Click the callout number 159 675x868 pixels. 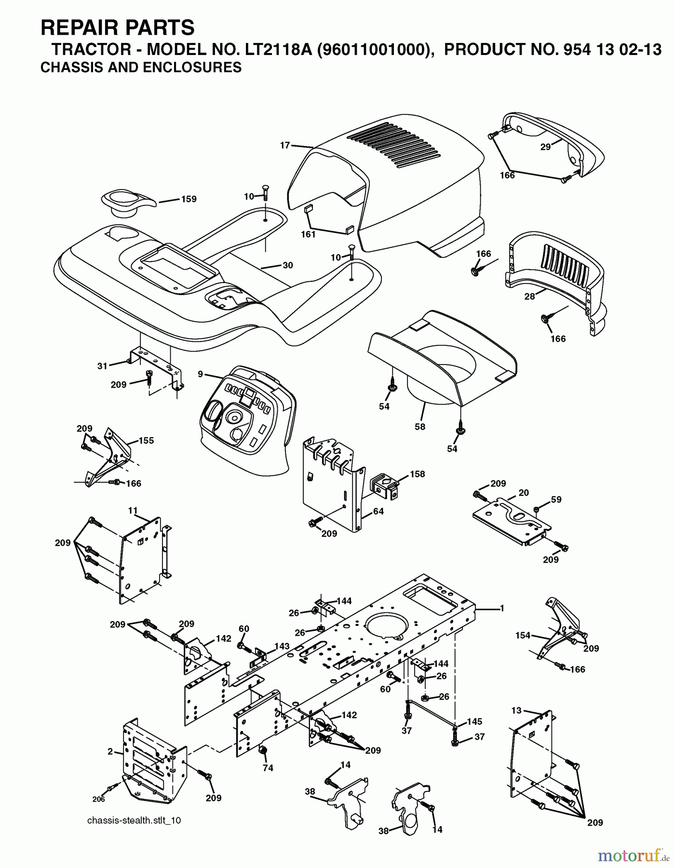(189, 199)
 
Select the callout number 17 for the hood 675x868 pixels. (285, 145)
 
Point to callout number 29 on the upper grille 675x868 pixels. (545, 147)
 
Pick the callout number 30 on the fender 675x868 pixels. (288, 265)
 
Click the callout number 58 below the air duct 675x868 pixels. (420, 427)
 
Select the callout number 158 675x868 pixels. (417, 474)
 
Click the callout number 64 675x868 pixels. (378, 511)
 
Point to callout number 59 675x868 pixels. (556, 500)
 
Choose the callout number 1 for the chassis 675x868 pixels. (502, 609)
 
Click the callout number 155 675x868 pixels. (146, 440)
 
